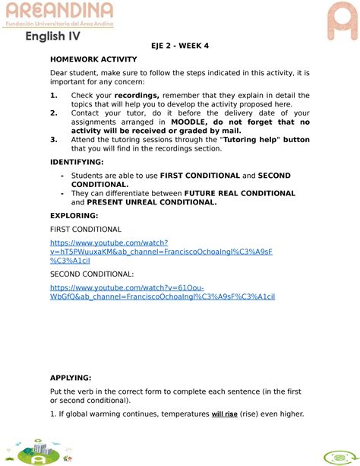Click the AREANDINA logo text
click(x=59, y=11)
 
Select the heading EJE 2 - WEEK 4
click(x=179, y=46)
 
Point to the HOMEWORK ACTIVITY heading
click(x=93, y=59)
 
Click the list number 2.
click(x=54, y=113)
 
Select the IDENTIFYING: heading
click(x=77, y=163)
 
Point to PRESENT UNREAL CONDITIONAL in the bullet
click(x=151, y=203)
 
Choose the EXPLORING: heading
click(x=72, y=216)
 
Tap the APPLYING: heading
click(x=71, y=378)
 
